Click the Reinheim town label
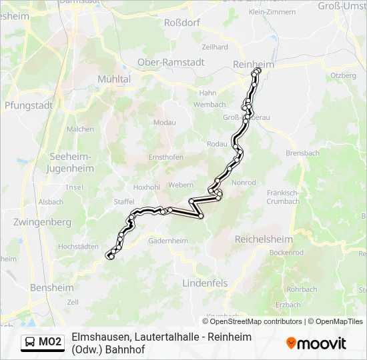pyautogui.click(x=254, y=63)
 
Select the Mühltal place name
pyautogui.click(x=115, y=78)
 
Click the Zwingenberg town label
pyautogui.click(x=41, y=221)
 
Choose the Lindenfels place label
pyautogui.click(x=205, y=283)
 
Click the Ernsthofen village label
pyautogui.click(x=165, y=157)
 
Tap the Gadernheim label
pyautogui.click(x=166, y=241)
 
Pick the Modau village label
pyautogui.click(x=164, y=123)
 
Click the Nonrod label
pyautogui.click(x=243, y=183)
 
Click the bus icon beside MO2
pyautogui.click(x=31, y=343)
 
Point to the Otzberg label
pyautogui.click(x=344, y=76)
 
